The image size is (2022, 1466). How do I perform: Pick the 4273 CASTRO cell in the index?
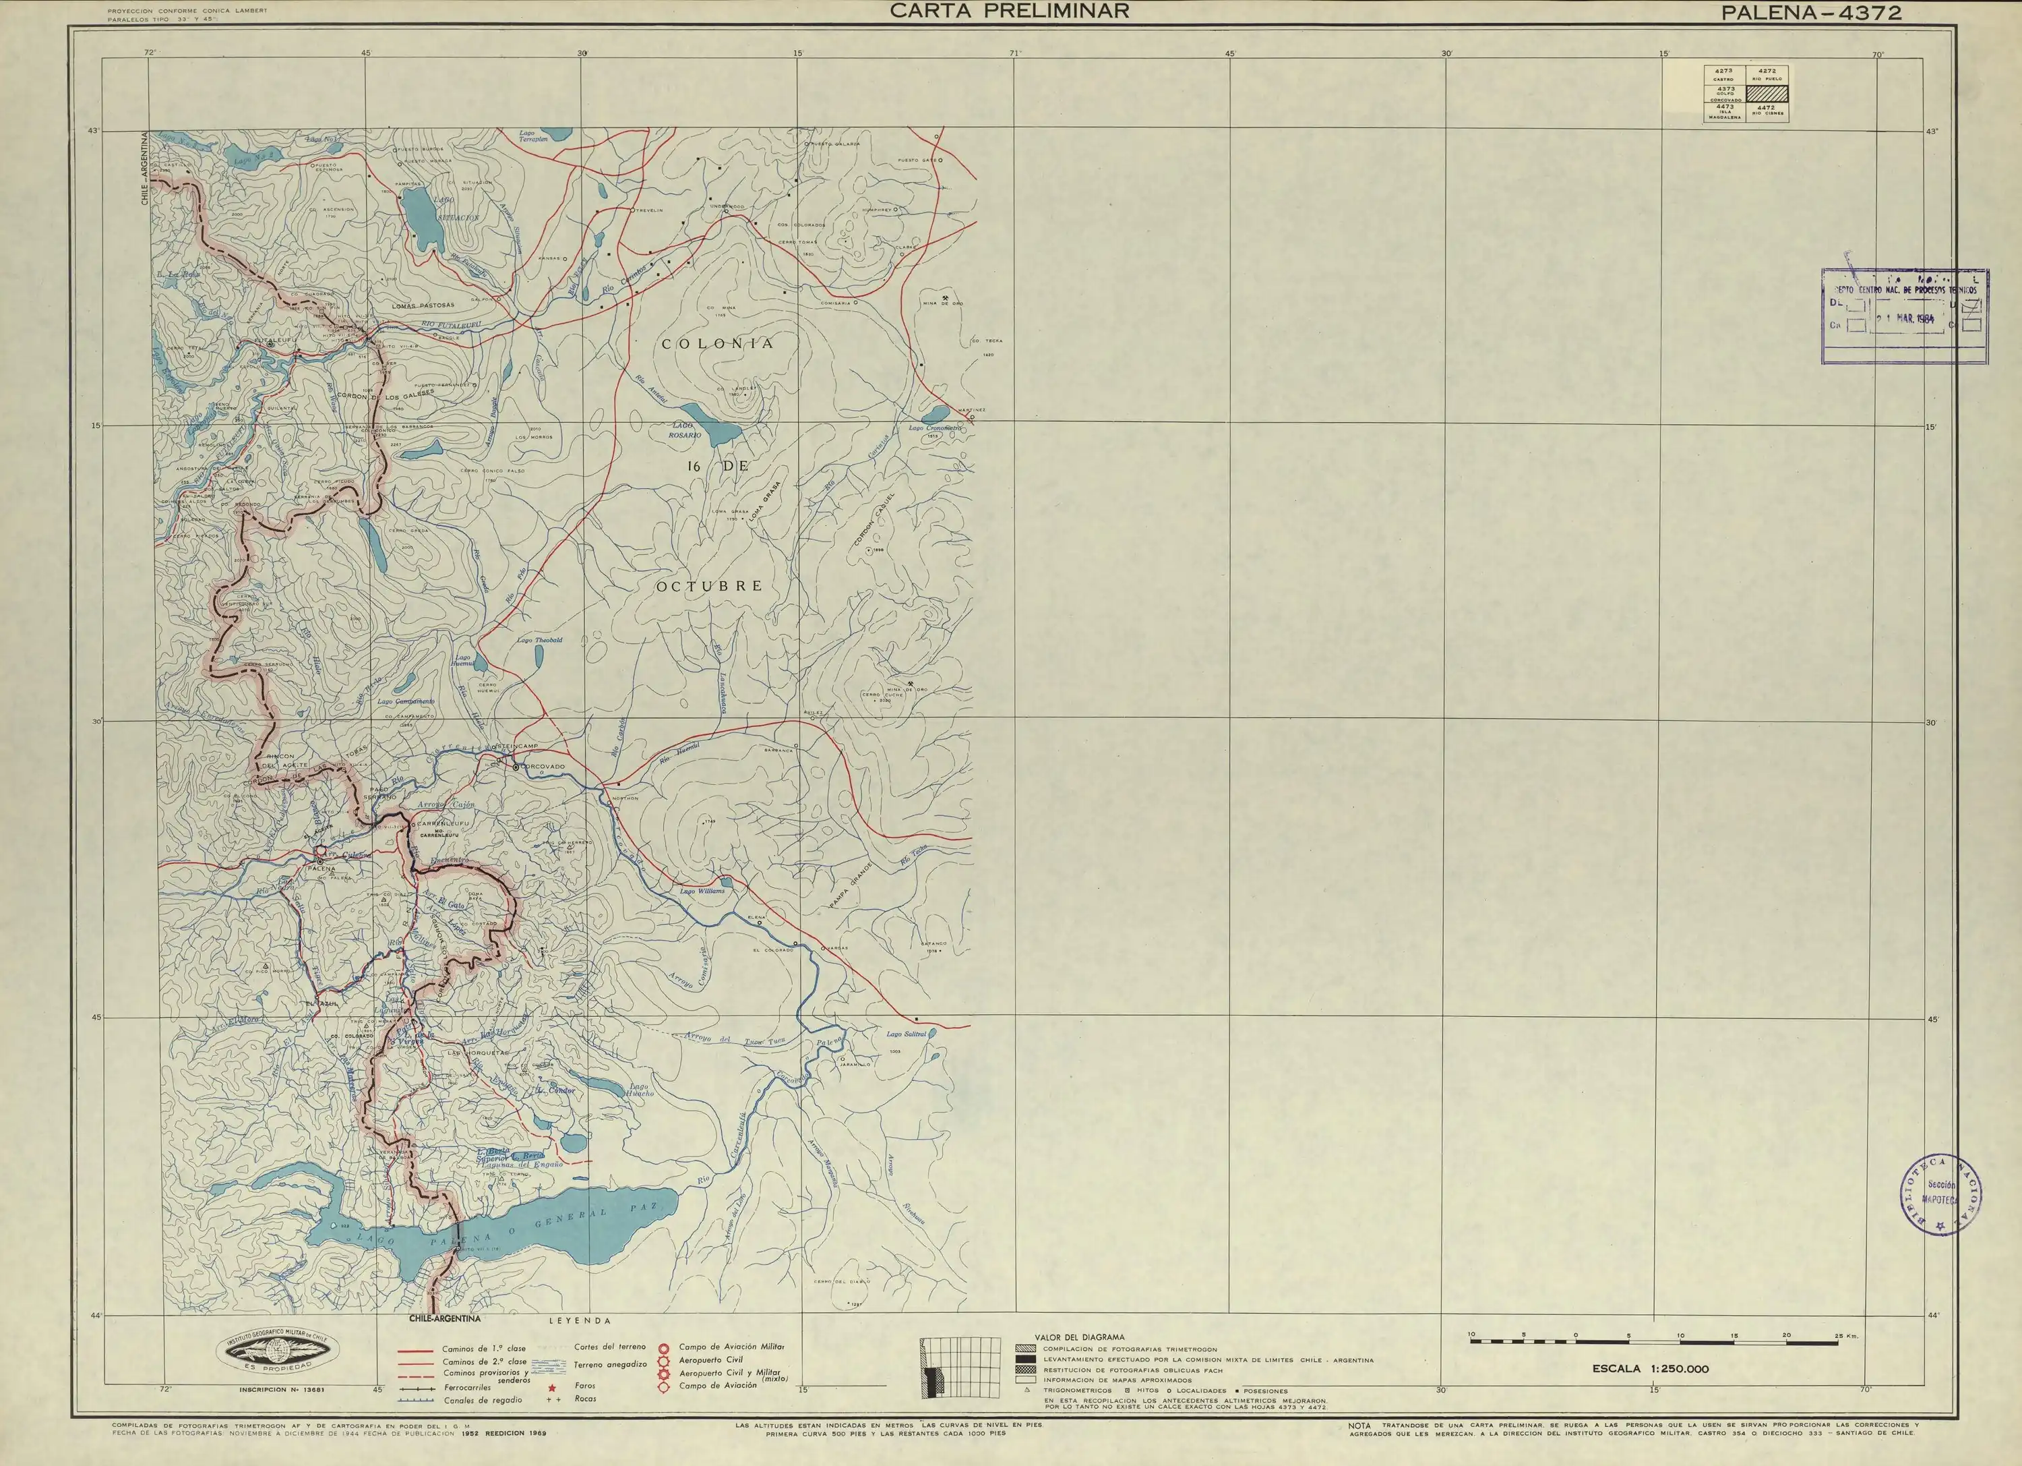click(x=1723, y=74)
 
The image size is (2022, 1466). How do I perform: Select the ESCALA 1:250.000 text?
click(x=1650, y=1369)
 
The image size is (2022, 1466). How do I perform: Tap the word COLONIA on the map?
click(x=718, y=343)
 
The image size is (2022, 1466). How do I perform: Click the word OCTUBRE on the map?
click(x=710, y=586)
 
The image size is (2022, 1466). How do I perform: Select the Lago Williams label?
click(x=702, y=891)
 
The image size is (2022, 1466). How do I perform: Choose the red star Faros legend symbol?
click(x=552, y=1388)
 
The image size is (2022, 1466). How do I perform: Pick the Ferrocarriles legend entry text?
click(x=467, y=1388)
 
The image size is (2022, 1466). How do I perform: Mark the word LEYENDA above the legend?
click(x=580, y=1320)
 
